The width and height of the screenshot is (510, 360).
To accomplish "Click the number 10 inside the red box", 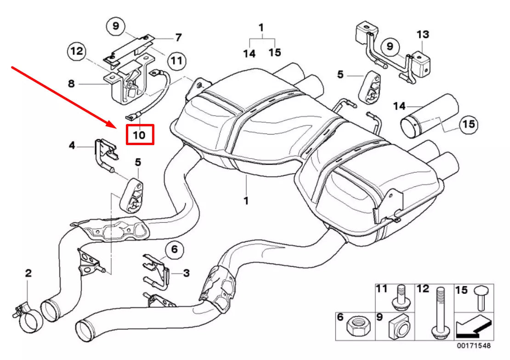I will point(139,135).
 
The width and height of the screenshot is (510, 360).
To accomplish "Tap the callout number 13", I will point(423,34).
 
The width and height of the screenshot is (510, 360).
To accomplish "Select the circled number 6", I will point(174,250).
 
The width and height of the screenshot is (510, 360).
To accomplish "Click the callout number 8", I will point(71,84).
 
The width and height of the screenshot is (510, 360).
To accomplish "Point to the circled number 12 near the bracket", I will point(77,51).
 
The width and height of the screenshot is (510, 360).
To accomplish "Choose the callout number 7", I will point(178,37).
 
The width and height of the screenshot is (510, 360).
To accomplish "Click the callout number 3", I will point(186,273).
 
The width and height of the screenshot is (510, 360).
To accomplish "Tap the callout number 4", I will point(72,146).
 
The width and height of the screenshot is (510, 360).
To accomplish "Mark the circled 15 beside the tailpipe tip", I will point(468,124).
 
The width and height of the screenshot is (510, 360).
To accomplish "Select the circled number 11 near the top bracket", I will point(177,60).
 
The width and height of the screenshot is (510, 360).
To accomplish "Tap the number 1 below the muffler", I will point(246,200).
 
